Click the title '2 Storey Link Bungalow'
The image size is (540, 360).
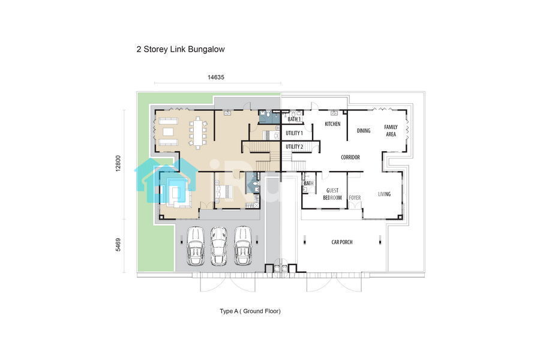point(181,49)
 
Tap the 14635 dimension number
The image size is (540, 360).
point(216,77)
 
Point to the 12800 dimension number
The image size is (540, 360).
point(118,163)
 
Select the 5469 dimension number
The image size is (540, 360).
point(118,245)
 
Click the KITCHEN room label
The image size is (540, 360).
point(332,124)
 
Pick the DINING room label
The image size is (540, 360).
point(364,131)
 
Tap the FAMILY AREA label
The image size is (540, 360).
point(391,131)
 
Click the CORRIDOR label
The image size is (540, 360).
point(350,157)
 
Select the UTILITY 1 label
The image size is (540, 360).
point(294,133)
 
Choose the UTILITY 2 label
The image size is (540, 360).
point(294,146)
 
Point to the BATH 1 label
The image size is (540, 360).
point(294,119)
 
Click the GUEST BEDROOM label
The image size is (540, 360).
point(332,194)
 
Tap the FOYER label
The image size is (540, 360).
point(355,198)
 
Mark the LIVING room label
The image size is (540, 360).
point(385,194)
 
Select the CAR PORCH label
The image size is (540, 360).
point(342,242)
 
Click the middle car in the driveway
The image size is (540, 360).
point(218,246)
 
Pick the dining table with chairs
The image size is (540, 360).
point(197,133)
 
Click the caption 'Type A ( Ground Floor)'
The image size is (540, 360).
point(250,311)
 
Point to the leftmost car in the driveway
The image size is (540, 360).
point(195,246)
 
